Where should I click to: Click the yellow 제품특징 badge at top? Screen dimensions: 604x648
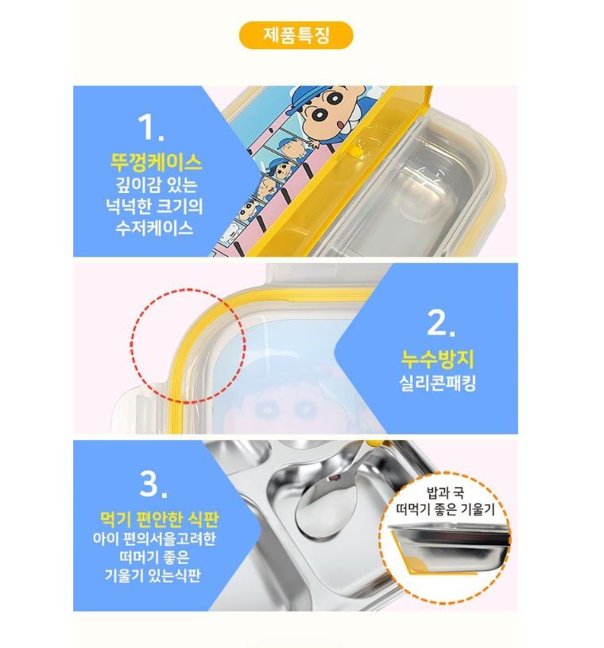click(296, 35)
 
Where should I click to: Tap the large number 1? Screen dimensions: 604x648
click(151, 126)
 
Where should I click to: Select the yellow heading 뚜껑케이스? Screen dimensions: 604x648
click(156, 162)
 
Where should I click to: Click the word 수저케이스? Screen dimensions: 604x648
click(154, 228)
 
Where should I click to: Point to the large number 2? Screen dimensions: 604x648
click(441, 322)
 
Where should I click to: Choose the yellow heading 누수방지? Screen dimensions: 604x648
click(438, 358)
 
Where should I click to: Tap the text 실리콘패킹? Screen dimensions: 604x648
click(437, 383)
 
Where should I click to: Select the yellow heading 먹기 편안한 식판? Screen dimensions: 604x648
click(159, 519)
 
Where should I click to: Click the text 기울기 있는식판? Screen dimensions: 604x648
click(153, 575)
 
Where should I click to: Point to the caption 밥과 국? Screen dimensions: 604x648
click(445, 492)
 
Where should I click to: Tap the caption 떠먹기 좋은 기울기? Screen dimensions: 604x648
click(445, 510)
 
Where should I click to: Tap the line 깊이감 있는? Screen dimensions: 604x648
click(156, 184)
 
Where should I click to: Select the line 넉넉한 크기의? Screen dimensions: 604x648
click(154, 206)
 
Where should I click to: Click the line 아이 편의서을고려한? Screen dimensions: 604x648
click(154, 538)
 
